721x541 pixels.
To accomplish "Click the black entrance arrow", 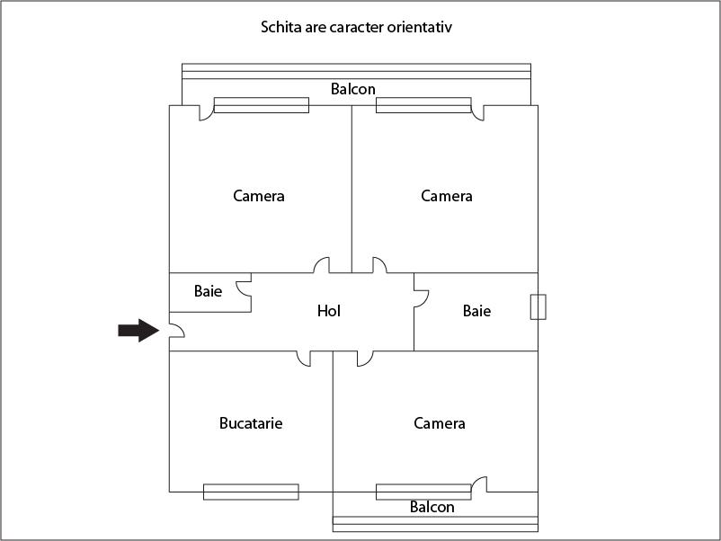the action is [138, 330].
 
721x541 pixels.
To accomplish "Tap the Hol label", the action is [329, 311].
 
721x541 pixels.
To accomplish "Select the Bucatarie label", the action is [251, 423].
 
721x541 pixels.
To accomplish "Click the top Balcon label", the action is [353, 89].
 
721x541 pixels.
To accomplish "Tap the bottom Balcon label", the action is [432, 507].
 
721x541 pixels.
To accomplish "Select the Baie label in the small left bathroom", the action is [208, 291].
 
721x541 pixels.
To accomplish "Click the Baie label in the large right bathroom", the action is [476, 311].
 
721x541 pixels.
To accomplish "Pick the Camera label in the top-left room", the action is [258, 196].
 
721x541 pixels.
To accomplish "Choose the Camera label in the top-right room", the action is [447, 196].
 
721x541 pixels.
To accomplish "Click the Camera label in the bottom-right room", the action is [439, 423].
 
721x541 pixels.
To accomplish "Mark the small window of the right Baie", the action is [538, 306].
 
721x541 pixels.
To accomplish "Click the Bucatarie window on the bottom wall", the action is [251, 492].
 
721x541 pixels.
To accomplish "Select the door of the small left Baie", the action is [244, 288].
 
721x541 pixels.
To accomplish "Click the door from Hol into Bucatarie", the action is [304, 359].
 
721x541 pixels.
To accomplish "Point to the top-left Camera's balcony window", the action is [262, 105].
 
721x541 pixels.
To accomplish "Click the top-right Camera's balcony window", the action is [423, 105].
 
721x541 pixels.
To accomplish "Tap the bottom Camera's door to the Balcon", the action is [480, 483].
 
